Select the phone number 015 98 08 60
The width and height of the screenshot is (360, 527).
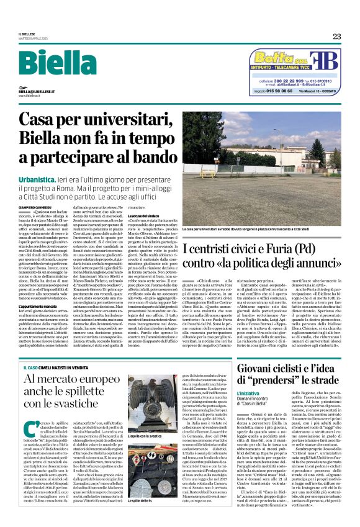(x=276, y=91)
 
